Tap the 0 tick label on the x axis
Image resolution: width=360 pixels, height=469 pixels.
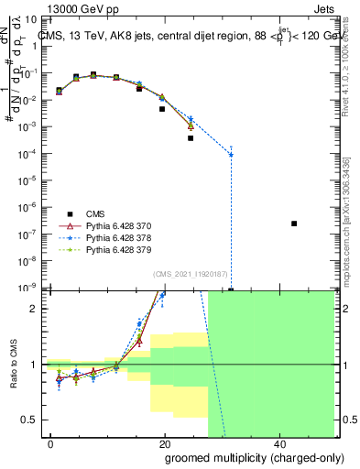[x=50, y=444]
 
